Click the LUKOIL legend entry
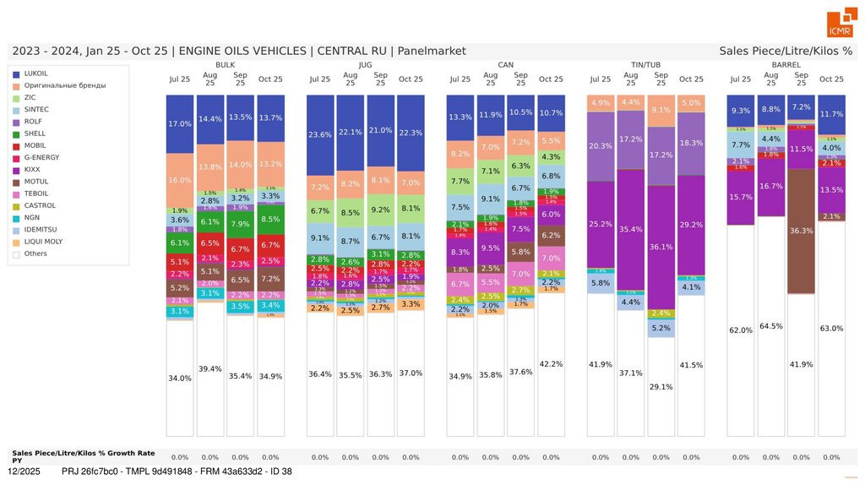(36, 74)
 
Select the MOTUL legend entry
(36, 181)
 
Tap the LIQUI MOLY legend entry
(42, 241)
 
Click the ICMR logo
(840, 25)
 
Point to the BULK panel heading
(226, 64)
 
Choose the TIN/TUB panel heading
(646, 64)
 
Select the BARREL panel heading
(786, 64)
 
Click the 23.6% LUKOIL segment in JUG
(320, 134)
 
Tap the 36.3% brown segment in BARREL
(801, 231)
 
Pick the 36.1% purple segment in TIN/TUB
(661, 247)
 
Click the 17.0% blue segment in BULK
(180, 123)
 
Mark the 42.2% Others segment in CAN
(551, 364)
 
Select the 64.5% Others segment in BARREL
(770, 326)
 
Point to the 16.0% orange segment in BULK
(180, 180)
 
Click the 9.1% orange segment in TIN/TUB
(661, 109)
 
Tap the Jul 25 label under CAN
(460, 79)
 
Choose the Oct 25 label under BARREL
(831, 79)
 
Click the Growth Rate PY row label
(83, 456)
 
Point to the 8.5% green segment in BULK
(270, 219)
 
